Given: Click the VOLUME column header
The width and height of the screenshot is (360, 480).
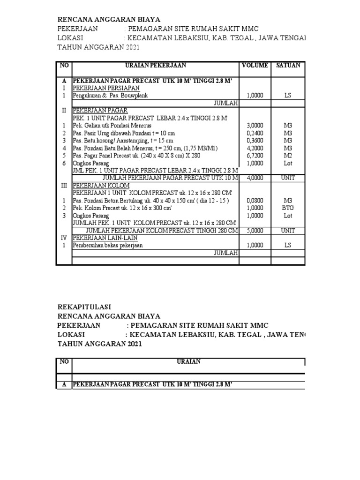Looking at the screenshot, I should click(x=255, y=66).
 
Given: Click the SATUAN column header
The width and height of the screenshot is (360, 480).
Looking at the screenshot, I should click(x=288, y=66).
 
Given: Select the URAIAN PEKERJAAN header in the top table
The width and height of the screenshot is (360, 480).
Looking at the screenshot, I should click(x=155, y=66).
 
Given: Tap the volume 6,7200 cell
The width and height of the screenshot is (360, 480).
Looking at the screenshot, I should click(x=255, y=155).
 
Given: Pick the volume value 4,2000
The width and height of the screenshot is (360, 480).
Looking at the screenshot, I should click(x=255, y=148).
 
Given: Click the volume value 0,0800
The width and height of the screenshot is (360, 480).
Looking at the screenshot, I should click(x=255, y=200).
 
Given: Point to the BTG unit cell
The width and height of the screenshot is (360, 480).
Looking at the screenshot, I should click(x=288, y=208).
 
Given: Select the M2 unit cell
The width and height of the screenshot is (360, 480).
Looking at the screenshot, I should click(x=288, y=155).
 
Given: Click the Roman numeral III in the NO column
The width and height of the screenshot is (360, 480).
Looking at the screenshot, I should click(x=64, y=185).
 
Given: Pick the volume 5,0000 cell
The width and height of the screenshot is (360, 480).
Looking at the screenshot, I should click(x=255, y=230).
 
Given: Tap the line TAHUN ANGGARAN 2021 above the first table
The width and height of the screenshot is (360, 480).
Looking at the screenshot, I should click(x=98, y=47).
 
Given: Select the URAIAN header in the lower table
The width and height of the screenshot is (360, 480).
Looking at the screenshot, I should click(x=188, y=361).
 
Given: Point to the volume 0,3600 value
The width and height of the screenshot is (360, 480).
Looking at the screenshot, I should click(x=255, y=140).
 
